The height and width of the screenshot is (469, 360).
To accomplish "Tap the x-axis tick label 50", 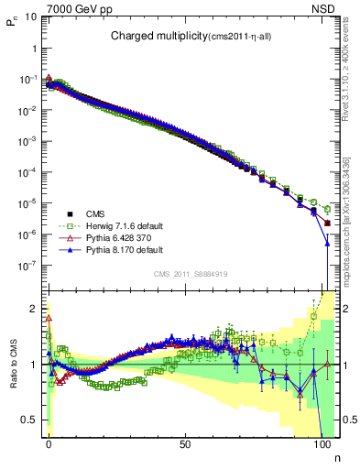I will pos(185,442).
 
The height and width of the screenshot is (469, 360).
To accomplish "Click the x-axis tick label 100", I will pos(321,442).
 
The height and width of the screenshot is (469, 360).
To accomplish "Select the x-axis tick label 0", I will pos(49,442).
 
